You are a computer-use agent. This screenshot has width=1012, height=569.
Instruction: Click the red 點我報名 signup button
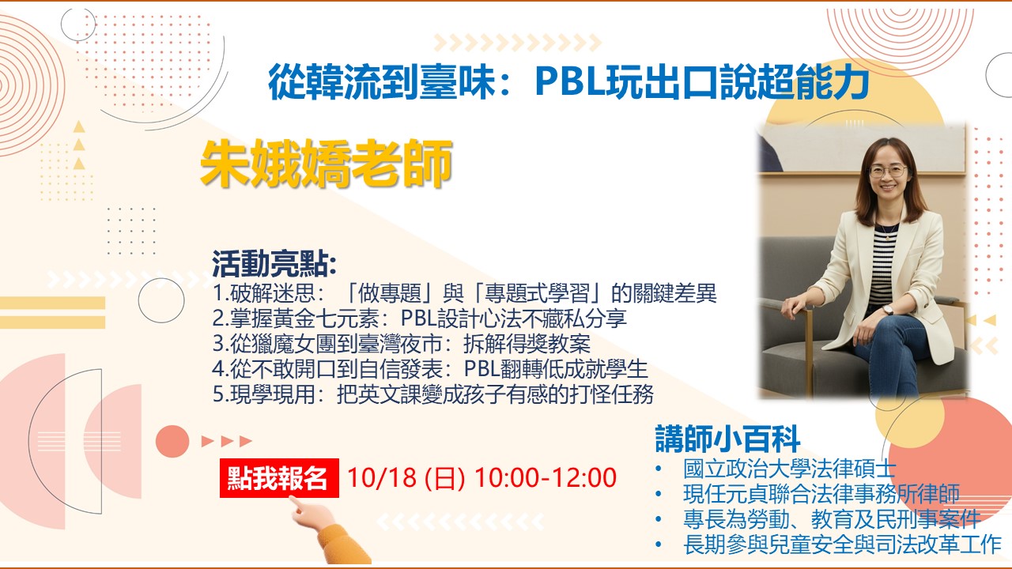point(279,478)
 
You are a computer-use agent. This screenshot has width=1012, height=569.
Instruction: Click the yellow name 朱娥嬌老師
point(327,164)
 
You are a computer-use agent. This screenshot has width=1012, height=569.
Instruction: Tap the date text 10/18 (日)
point(406,478)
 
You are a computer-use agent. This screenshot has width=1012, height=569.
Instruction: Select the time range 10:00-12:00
point(546,477)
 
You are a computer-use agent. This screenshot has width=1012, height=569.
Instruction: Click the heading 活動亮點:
point(274,264)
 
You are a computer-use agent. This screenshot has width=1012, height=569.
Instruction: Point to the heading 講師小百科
point(727,439)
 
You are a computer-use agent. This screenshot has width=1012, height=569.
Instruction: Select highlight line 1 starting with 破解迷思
point(464,293)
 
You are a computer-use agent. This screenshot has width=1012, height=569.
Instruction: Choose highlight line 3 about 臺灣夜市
point(402,344)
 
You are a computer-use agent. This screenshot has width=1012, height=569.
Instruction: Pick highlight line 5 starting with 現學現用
point(433,394)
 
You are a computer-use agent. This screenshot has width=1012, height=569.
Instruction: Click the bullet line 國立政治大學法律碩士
point(789,469)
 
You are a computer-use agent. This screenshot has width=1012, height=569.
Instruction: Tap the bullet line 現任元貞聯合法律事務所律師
point(821,494)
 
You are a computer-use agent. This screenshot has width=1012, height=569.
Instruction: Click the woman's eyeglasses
point(888,171)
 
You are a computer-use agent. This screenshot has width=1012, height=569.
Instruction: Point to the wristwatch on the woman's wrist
point(887,310)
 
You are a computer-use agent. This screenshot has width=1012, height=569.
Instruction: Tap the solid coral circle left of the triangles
point(172,441)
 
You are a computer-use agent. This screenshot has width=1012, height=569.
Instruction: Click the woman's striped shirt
point(882,266)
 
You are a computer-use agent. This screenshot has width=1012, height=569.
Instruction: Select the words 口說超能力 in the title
point(776,82)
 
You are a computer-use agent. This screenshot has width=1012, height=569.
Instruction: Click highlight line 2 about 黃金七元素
point(420,318)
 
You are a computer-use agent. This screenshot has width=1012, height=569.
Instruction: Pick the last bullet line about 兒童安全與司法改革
point(842,545)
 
